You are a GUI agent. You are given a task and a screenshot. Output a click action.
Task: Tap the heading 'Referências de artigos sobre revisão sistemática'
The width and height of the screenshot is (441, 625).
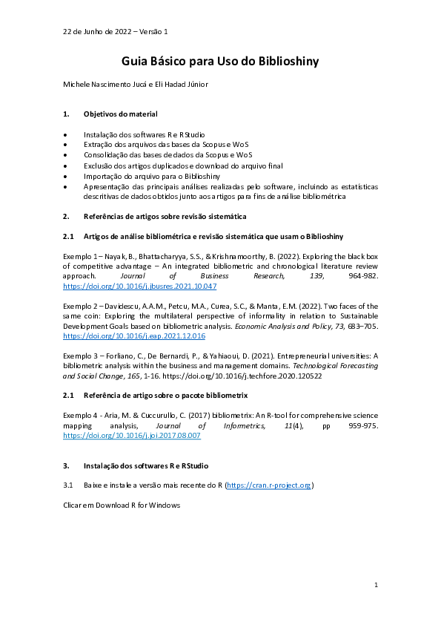pos(165,216)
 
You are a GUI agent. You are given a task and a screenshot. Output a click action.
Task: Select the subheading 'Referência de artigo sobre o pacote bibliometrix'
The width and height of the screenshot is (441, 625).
pos(165,396)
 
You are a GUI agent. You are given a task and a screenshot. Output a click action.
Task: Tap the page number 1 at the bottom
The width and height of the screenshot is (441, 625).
pos(376,586)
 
